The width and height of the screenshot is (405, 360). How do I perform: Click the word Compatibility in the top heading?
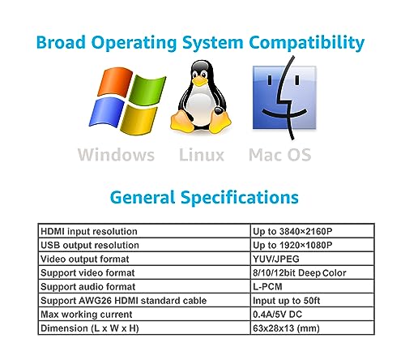(x=306, y=43)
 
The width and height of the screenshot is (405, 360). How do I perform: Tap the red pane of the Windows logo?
(x=115, y=82)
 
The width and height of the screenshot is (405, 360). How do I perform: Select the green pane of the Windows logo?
(x=147, y=90)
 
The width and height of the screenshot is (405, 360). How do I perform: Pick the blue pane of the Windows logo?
(x=106, y=112)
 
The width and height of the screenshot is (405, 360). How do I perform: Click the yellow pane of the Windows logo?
(x=139, y=120)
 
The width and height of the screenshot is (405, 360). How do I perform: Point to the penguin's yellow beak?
(x=200, y=80)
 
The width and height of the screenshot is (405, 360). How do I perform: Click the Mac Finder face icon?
(x=284, y=97)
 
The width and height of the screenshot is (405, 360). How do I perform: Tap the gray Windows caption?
(x=116, y=155)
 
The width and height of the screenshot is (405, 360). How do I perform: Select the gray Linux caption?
(x=202, y=155)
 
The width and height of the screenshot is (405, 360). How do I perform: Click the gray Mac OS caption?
(x=279, y=155)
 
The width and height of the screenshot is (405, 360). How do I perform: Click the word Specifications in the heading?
(x=240, y=198)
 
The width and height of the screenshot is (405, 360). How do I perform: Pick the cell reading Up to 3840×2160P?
(x=292, y=231)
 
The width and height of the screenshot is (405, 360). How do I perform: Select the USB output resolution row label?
(x=90, y=245)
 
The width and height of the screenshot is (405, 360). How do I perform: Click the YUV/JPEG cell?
(x=276, y=259)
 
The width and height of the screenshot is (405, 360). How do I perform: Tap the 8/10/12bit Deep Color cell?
(x=300, y=273)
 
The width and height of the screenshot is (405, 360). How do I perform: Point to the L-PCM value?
(x=267, y=286)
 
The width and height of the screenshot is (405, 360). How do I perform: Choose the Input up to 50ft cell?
(x=286, y=301)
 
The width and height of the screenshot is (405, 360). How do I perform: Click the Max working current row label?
(x=87, y=315)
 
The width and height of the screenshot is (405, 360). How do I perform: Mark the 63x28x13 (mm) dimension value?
(x=286, y=328)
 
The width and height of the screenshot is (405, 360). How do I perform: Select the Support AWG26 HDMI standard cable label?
(x=124, y=301)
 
